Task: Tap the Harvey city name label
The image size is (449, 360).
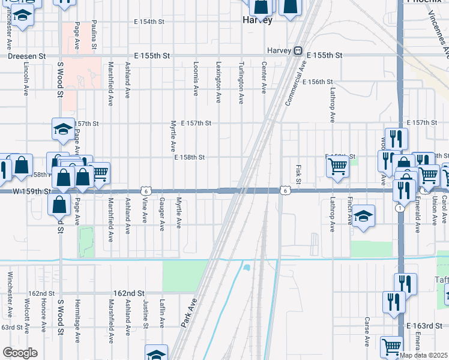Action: pyautogui.click(x=258, y=20)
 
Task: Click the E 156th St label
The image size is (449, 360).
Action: pyautogui.click(x=318, y=82)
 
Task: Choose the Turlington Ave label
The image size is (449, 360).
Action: pyautogui.click(x=241, y=76)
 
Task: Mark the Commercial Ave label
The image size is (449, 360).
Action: pyautogui.click(x=292, y=86)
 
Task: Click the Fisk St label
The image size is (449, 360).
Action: pyautogui.click(x=298, y=174)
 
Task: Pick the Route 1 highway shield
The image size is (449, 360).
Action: pyautogui.click(x=399, y=208)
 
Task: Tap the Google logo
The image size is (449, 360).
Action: pyautogui.click(x=20, y=353)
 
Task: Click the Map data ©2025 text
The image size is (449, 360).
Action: pyautogui.click(x=424, y=355)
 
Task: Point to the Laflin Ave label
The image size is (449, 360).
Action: pyautogui.click(x=162, y=314)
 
